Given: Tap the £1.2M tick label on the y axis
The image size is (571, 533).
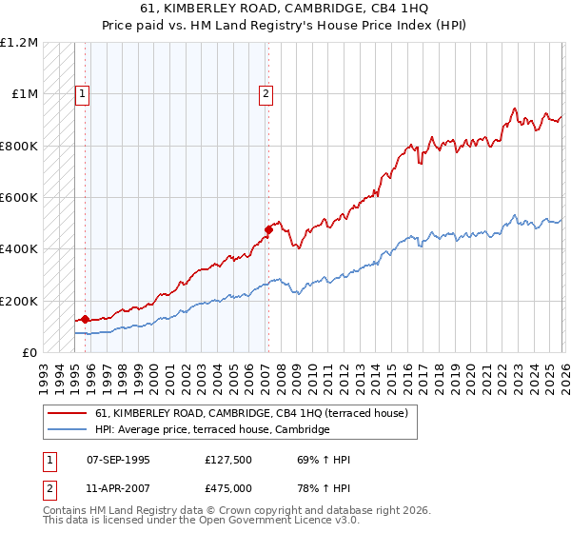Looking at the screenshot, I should (19, 43).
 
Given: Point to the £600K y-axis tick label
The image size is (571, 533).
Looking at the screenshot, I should (19, 197).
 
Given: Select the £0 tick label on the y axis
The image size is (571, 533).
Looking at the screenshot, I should (29, 352).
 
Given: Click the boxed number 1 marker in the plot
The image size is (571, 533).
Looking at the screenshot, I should (84, 93).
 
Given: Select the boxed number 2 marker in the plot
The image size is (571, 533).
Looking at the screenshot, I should (266, 93).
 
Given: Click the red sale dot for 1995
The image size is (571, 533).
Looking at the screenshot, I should (85, 319).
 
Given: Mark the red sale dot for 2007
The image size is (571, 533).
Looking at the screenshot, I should (268, 229).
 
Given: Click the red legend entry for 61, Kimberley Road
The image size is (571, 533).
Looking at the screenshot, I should (251, 413).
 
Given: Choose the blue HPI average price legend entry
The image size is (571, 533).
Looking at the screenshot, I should (211, 430).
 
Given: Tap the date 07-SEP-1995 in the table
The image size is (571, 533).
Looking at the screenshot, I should (118, 460).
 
